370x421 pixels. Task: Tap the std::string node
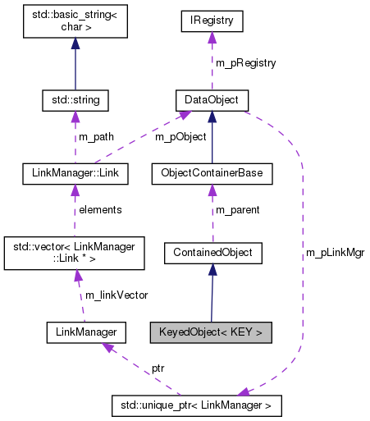click(x=75, y=101)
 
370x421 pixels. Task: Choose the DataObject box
click(x=212, y=101)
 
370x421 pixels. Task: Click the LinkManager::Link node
click(x=75, y=174)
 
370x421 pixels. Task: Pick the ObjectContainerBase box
click(x=212, y=174)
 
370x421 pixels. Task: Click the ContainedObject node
click(x=212, y=253)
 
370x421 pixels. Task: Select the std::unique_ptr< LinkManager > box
click(x=196, y=405)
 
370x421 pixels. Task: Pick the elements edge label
click(x=100, y=209)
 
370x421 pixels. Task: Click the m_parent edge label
click(x=237, y=209)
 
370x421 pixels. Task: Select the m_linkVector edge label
click(x=116, y=295)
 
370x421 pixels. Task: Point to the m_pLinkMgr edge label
click(x=334, y=253)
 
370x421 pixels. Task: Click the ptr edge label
click(x=157, y=368)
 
